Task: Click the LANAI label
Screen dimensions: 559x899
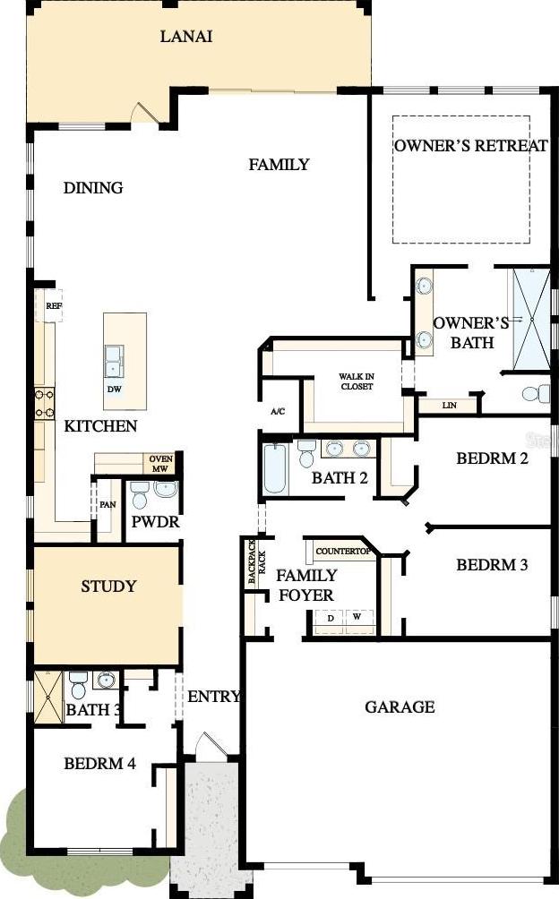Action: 186,37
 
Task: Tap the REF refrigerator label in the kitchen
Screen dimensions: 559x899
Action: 54,306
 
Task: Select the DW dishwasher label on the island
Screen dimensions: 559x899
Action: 114,390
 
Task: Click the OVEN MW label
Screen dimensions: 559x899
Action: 160,464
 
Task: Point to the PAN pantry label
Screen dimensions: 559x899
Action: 107,505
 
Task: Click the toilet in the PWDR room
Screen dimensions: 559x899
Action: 140,494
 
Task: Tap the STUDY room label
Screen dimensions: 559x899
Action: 108,586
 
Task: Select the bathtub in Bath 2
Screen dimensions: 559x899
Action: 275,468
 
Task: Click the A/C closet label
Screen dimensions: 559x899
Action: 278,411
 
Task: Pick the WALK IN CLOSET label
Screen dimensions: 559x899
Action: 356,381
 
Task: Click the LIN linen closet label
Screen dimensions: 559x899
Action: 450,406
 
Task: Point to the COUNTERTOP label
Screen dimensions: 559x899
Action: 343,551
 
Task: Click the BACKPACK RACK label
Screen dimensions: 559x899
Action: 255,561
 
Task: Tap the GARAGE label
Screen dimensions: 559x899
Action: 400,706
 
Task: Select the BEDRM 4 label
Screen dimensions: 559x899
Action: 99,764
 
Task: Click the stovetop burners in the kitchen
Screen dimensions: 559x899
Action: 44,404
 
